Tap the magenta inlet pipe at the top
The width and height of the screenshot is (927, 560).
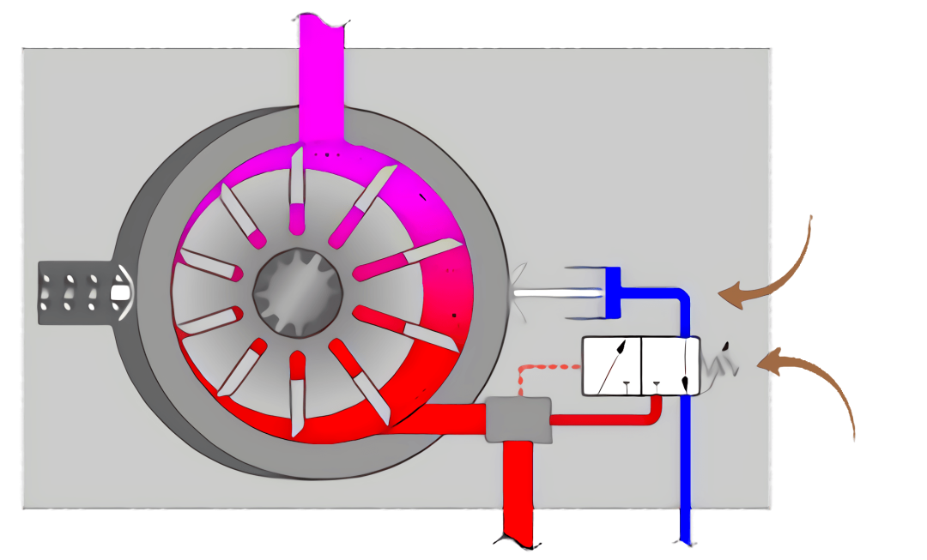(322, 77)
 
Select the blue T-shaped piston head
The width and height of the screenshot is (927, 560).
(611, 292)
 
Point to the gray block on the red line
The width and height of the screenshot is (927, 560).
(518, 419)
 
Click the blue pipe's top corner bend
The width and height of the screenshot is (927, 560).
(682, 296)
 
